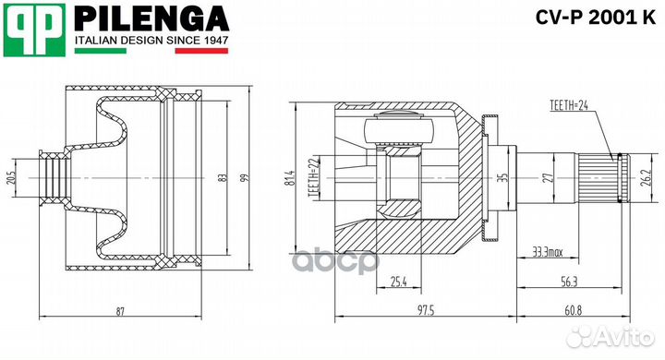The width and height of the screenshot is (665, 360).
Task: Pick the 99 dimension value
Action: [245, 177]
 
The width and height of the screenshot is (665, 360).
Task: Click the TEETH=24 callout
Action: [568, 106]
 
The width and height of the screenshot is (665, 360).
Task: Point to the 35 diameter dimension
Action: [504, 177]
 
